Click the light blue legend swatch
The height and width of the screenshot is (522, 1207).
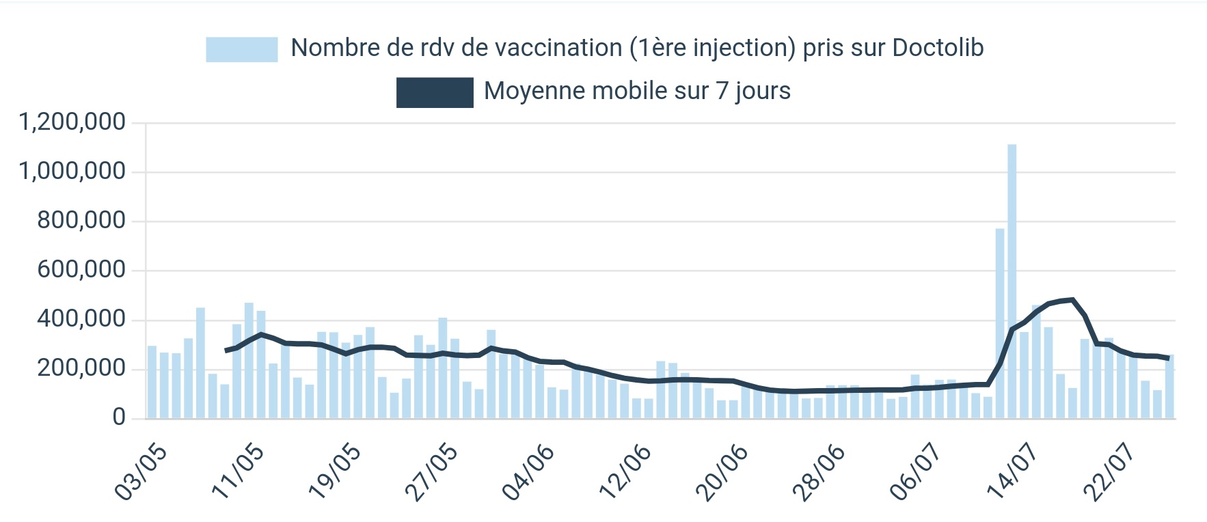coord(242,49)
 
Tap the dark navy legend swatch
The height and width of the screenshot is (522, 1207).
coord(435,92)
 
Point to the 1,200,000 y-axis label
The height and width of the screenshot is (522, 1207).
coord(72,122)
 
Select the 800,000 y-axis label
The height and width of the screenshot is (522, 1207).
coord(81,221)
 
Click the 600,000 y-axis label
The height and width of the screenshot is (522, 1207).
coord(81,270)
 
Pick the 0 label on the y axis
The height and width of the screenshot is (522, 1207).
coord(119,417)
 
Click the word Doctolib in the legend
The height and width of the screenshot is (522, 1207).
coord(938,48)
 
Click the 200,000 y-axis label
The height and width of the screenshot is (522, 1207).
coord(81,368)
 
